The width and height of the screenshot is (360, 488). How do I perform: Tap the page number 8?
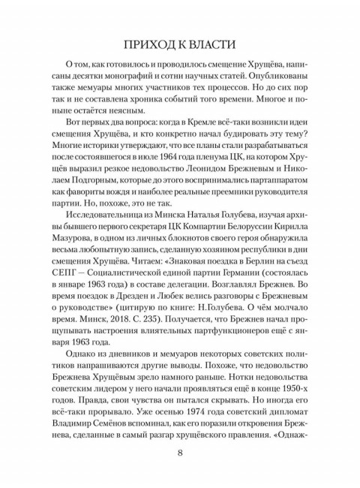[180, 453]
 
